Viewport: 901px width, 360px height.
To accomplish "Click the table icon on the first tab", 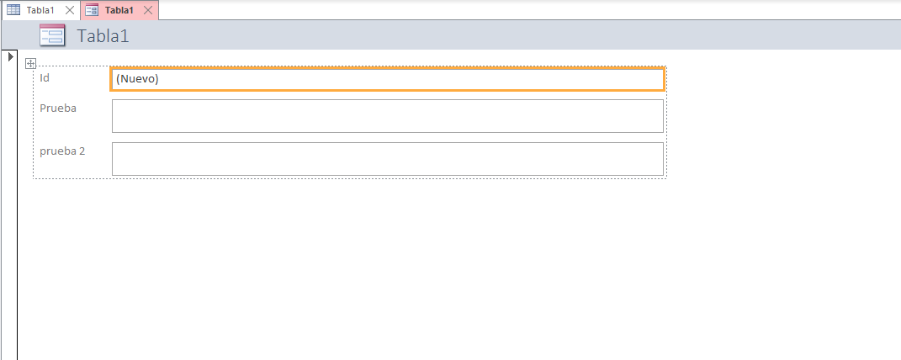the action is [13, 10].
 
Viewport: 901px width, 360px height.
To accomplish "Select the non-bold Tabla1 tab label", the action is [40, 10].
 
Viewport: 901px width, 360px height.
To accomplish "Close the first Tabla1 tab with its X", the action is [70, 10].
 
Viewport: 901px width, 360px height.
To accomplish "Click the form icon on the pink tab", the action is [92, 10].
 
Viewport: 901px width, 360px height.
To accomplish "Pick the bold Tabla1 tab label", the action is [119, 10].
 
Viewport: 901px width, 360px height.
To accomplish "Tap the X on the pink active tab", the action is [148, 10].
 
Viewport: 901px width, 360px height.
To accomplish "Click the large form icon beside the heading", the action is [52, 35].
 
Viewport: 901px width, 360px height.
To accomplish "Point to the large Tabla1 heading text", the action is [103, 36].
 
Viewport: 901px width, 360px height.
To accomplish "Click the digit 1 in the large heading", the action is [125, 36].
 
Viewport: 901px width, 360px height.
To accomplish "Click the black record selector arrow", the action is [10, 56].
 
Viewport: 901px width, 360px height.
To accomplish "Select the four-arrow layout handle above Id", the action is [30, 63].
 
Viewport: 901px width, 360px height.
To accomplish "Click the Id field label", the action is [45, 77].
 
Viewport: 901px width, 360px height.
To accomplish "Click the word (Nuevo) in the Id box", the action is [137, 79].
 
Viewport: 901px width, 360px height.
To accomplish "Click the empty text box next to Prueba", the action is [387, 116].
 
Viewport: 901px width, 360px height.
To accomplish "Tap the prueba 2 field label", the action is [62, 151].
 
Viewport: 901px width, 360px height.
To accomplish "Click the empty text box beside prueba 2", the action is [387, 159].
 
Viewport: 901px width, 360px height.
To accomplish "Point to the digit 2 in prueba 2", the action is [82, 151].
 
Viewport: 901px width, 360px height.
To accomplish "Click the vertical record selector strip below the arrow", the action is [9, 210].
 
